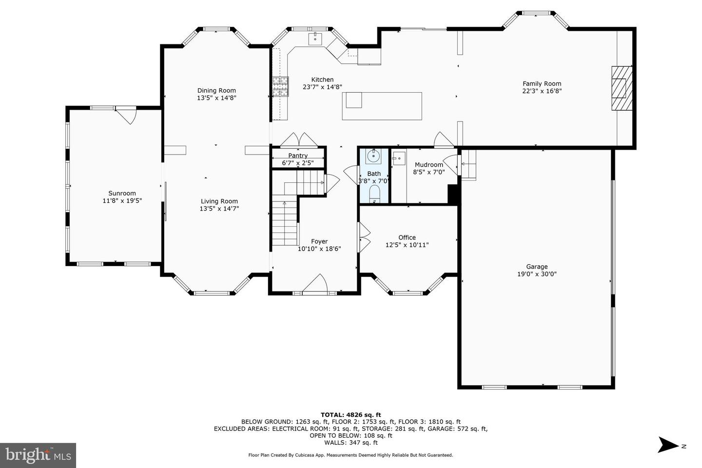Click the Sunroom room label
[122, 193]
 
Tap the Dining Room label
[216, 90]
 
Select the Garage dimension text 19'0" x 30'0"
[537, 274]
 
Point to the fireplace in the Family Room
[620, 88]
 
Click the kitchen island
[382, 106]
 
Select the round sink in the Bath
[374, 156]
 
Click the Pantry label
[298, 156]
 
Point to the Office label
[407, 237]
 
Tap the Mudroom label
[429, 165]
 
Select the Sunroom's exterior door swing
[127, 116]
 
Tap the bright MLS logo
[38, 455]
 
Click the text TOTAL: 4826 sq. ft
[351, 415]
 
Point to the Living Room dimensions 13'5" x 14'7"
[219, 209]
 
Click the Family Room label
[542, 83]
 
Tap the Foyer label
[319, 241]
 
